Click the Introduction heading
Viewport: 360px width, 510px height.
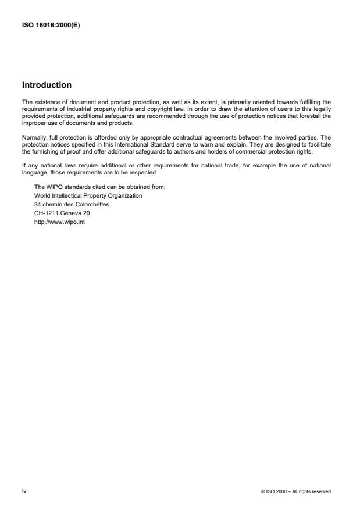pos(47,85)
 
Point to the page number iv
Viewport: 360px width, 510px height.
pos(24,491)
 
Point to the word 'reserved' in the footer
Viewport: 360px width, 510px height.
pos(321,491)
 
